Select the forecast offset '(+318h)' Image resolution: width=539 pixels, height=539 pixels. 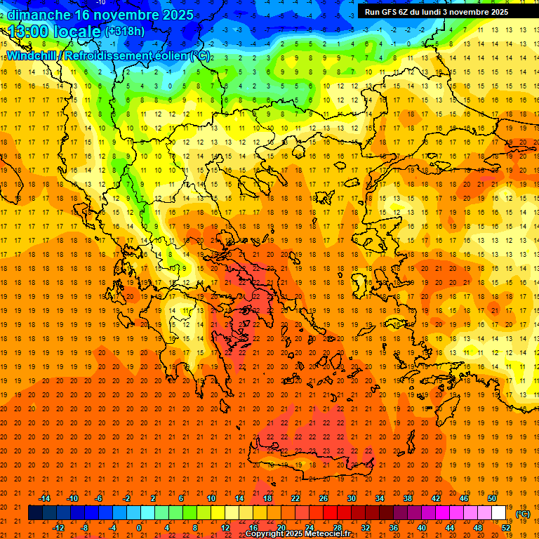click(x=125, y=32)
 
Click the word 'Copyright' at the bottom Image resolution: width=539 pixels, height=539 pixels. click(x=267, y=534)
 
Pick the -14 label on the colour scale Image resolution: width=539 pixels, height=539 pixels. click(x=45, y=498)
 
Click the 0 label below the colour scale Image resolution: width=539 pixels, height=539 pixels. click(x=139, y=528)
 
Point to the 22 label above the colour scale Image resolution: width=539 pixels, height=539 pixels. click(x=295, y=498)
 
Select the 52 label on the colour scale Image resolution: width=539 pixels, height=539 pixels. click(x=506, y=528)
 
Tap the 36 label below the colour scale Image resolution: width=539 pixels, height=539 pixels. click(x=394, y=528)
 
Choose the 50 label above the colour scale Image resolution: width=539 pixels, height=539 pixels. click(x=492, y=498)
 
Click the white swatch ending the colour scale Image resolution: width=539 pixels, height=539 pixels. click(x=499, y=513)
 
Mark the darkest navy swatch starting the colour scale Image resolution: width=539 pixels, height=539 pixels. click(x=35, y=513)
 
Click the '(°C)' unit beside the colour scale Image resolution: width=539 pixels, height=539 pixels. click(x=523, y=514)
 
